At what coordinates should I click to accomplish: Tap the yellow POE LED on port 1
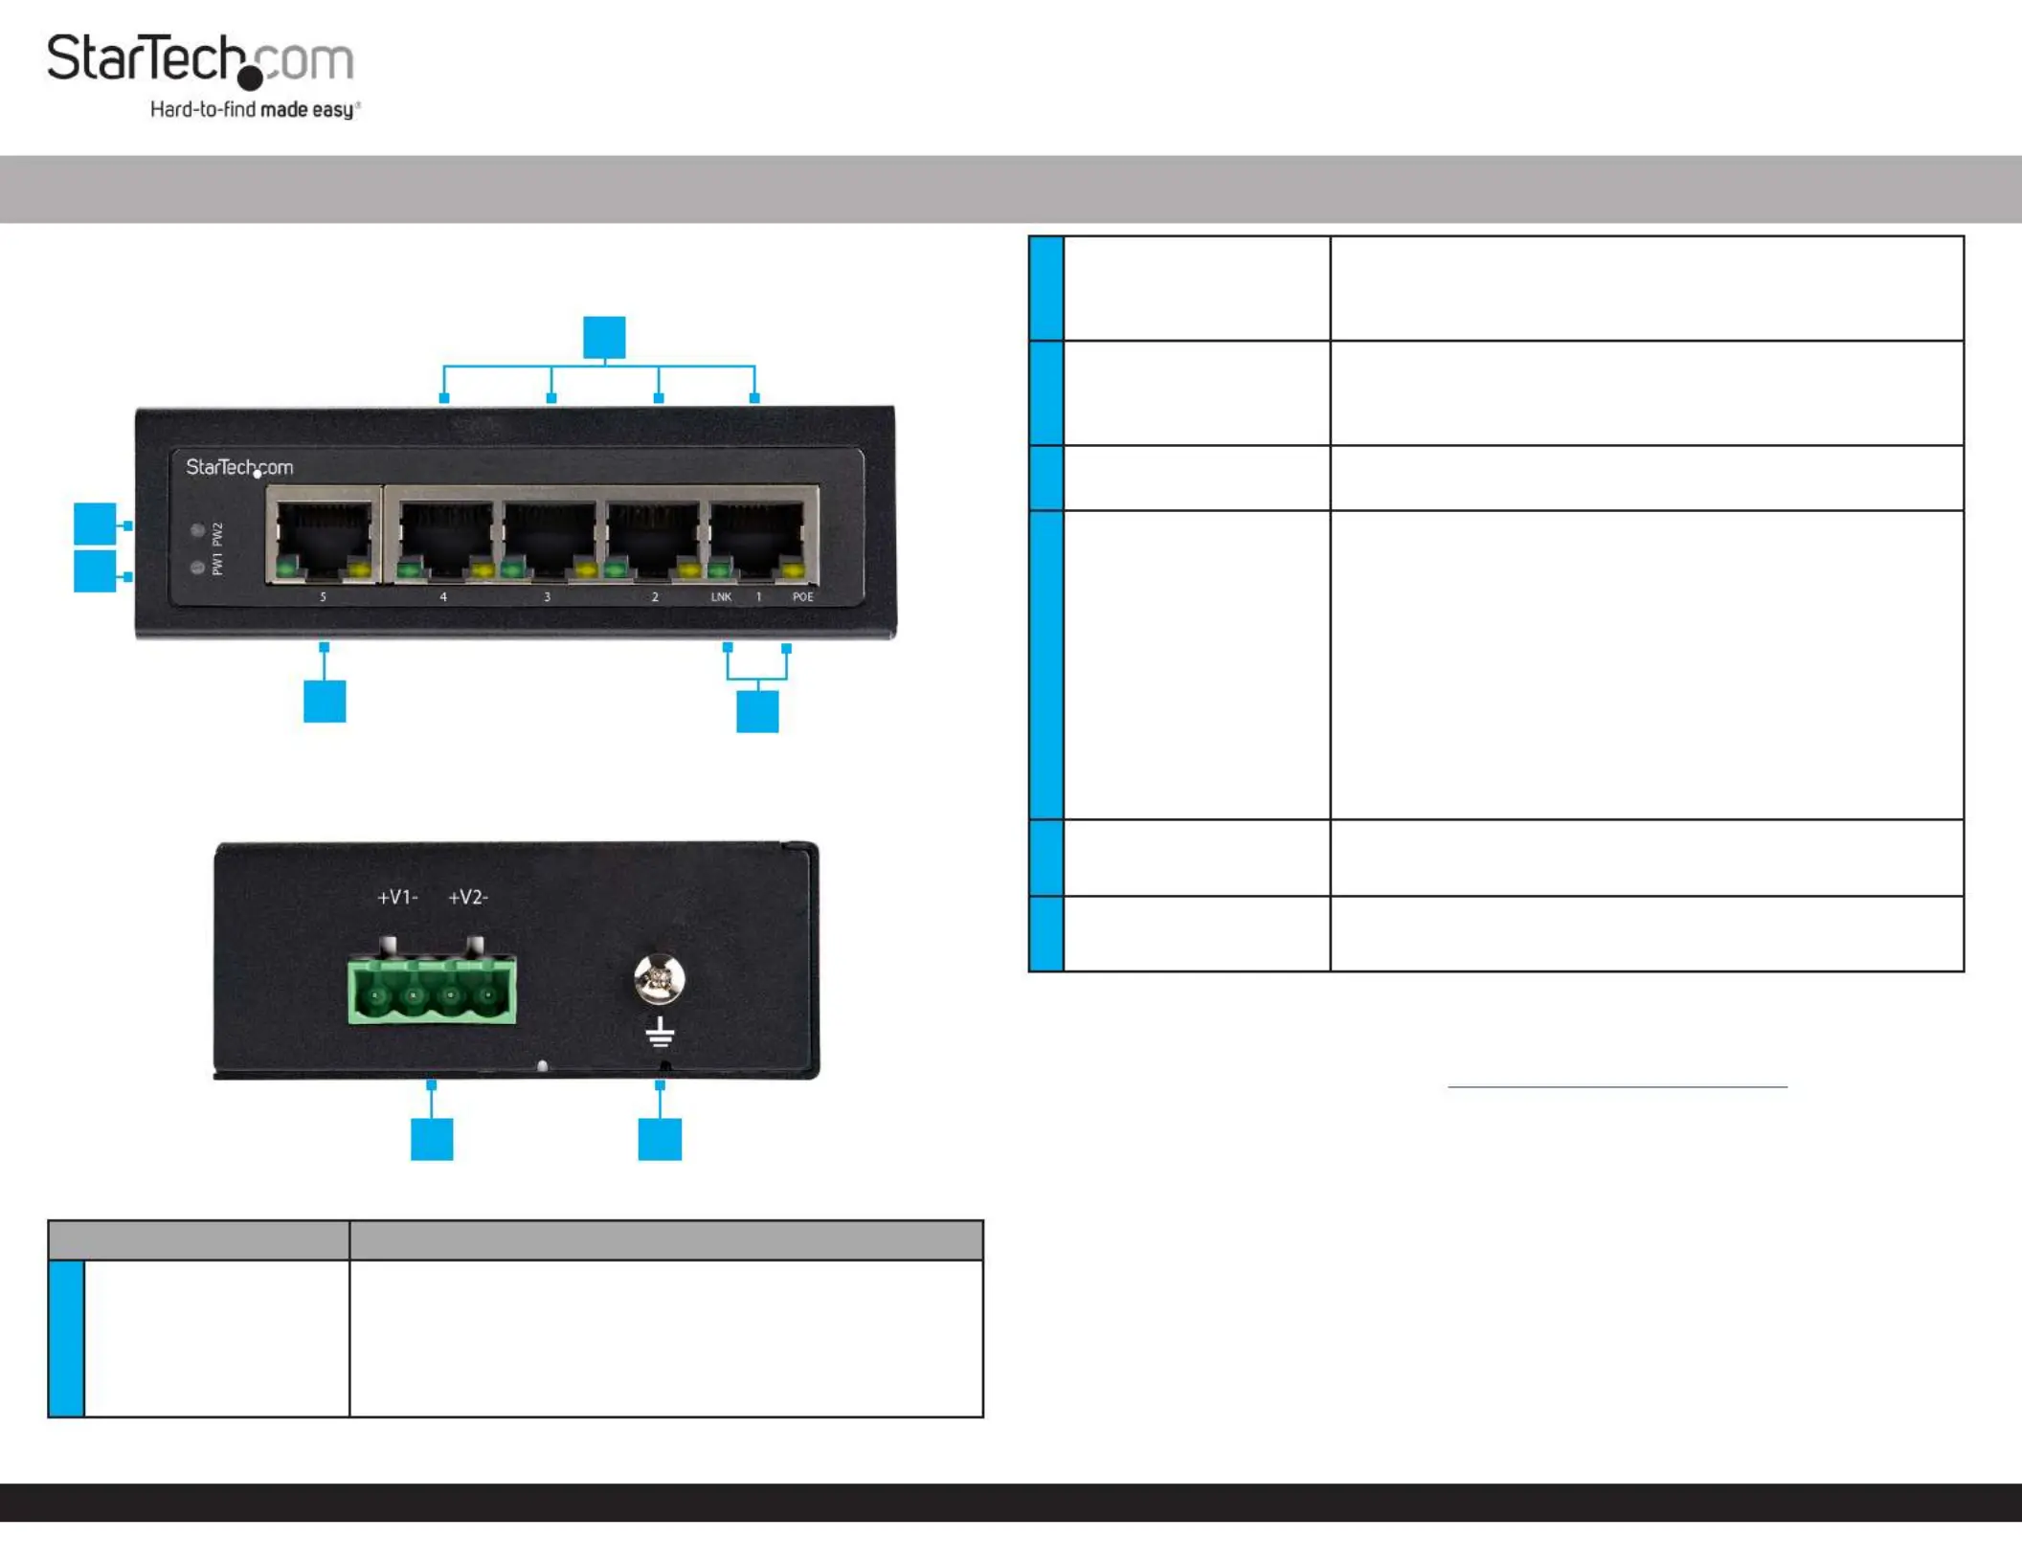coord(794,572)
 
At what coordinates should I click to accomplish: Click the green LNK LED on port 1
coord(720,572)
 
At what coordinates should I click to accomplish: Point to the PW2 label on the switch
coord(217,533)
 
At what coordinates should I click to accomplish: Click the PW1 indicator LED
coord(197,568)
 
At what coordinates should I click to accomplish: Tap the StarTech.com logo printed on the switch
coord(239,468)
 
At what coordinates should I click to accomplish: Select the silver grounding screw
coord(660,978)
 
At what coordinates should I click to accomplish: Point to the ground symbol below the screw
coord(660,1032)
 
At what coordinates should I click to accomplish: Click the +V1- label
coord(397,898)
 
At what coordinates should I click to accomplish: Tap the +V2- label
coord(468,898)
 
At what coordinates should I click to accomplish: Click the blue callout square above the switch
coord(604,337)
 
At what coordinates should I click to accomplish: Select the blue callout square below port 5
coord(325,701)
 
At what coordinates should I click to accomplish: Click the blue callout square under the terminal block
coord(432,1139)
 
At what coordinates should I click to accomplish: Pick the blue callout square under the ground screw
coord(660,1139)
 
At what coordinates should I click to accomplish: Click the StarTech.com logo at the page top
coord(201,59)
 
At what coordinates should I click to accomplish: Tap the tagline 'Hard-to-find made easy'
coord(255,110)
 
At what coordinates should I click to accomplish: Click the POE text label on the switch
coord(802,597)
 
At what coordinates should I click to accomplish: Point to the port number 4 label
coord(443,597)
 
